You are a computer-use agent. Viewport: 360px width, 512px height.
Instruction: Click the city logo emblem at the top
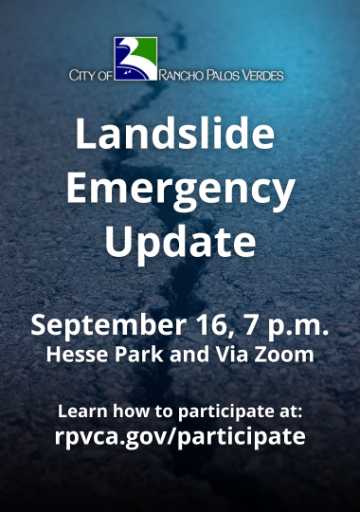click(x=135, y=60)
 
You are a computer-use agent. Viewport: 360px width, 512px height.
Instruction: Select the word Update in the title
click(x=180, y=242)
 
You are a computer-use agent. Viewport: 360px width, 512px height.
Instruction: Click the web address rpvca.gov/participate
click(x=180, y=437)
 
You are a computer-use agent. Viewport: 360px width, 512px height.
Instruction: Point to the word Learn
click(x=81, y=412)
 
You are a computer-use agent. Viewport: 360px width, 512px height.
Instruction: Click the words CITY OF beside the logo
click(x=90, y=74)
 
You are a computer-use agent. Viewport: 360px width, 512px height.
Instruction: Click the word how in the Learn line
click(x=126, y=412)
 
